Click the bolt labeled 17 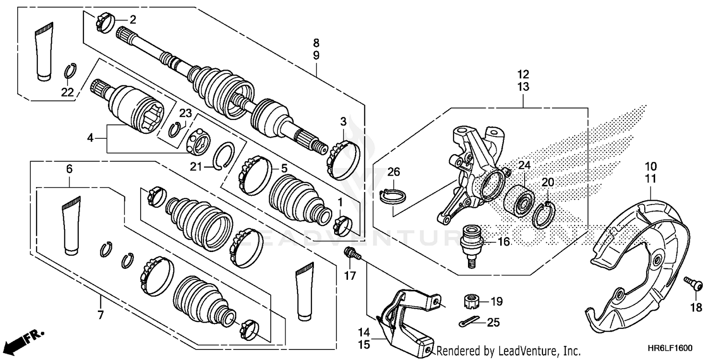(351, 253)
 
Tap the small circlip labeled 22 (70, 71)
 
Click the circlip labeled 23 (179, 129)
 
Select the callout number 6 (69, 169)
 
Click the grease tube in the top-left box (44, 50)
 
